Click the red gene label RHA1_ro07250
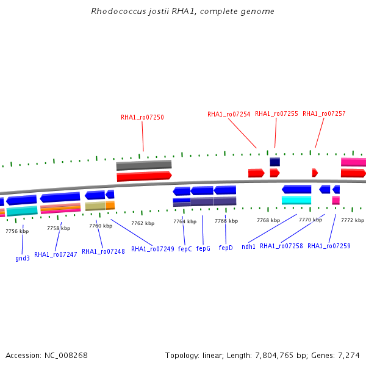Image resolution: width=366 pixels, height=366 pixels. click(x=142, y=117)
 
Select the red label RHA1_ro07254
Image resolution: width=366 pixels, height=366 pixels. click(x=229, y=114)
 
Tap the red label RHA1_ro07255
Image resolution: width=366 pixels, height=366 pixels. click(x=276, y=113)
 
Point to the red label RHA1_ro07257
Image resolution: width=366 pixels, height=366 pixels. click(x=324, y=113)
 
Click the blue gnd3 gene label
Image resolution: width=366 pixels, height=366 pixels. click(x=23, y=258)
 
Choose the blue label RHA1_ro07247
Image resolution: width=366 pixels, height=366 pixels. click(x=56, y=254)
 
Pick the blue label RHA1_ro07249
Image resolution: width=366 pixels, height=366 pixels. click(x=152, y=249)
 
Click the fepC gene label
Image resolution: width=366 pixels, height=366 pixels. click(x=185, y=249)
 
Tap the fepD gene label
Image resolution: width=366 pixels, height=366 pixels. click(x=226, y=248)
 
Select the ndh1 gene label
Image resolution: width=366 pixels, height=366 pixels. click(x=248, y=246)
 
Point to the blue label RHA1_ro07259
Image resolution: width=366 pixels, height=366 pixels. click(x=329, y=246)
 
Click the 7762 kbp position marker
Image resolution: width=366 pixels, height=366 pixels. click(x=142, y=223)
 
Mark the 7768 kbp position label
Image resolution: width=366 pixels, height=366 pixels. click(x=268, y=220)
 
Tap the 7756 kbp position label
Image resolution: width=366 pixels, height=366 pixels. click(x=17, y=231)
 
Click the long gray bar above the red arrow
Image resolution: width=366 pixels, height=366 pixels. click(x=144, y=165)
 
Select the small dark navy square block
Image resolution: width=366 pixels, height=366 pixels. click(x=275, y=162)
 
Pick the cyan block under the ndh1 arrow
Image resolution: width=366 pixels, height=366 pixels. click(x=296, y=200)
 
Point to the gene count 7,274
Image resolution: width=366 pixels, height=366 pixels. click(x=348, y=355)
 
